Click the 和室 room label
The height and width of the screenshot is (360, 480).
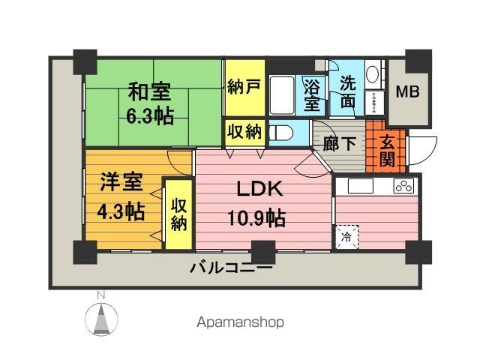pyautogui.click(x=148, y=92)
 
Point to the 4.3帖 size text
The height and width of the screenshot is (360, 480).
pyautogui.click(x=121, y=211)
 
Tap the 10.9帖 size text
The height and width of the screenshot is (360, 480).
pyautogui.click(x=256, y=218)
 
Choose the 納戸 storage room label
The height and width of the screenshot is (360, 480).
pyautogui.click(x=244, y=86)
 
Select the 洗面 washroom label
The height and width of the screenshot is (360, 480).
pyautogui.click(x=348, y=92)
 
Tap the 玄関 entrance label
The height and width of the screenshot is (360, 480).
pyautogui.click(x=387, y=151)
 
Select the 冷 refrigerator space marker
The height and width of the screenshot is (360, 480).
pyautogui.click(x=347, y=237)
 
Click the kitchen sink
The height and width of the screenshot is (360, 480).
pyautogui.click(x=358, y=186)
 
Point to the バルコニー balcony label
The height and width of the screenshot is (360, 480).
pyautogui.click(x=230, y=268)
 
